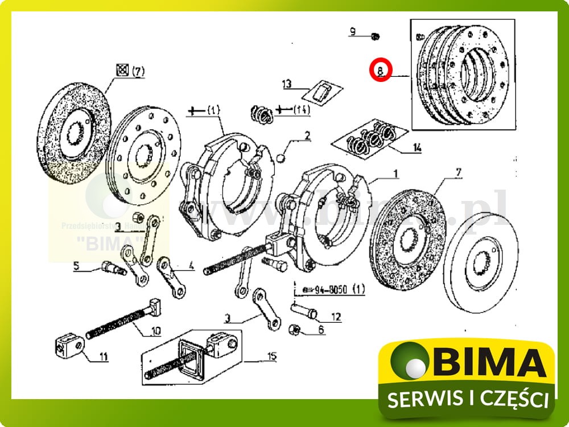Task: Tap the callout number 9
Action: pos(353,32)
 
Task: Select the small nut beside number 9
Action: pos(374,36)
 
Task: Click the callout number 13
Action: pos(287,84)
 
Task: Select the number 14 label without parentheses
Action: pos(417,148)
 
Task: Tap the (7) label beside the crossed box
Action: pos(138,72)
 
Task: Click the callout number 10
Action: pos(155,330)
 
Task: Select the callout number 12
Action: pos(336,317)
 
